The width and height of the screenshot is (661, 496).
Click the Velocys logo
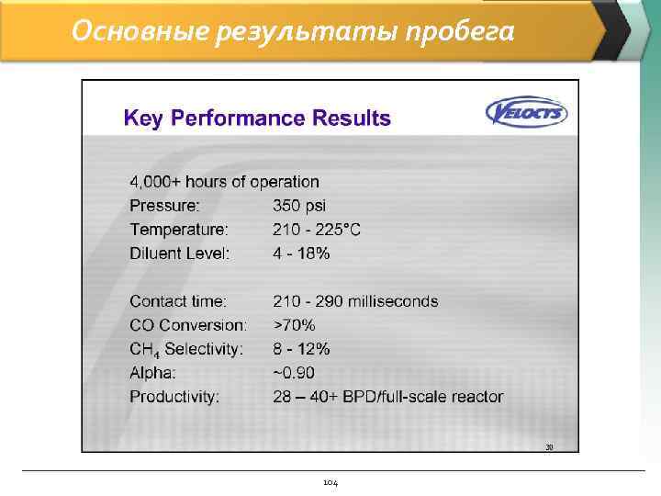pyautogui.click(x=526, y=113)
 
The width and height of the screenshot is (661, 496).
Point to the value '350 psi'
pyautogui.click(x=299, y=206)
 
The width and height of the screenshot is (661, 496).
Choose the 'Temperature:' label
pyautogui.click(x=178, y=230)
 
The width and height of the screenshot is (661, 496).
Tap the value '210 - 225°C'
pyautogui.click(x=317, y=230)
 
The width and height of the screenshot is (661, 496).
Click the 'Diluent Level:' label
pyautogui.click(x=179, y=254)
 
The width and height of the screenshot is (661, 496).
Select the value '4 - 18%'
pyautogui.click(x=301, y=254)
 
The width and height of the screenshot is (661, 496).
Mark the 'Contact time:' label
pyautogui.click(x=178, y=301)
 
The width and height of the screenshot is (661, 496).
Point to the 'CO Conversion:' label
pyautogui.click(x=188, y=325)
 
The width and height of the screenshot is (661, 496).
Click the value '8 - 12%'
pyautogui.click(x=301, y=349)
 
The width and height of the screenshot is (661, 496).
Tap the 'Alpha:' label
pyautogui.click(x=151, y=373)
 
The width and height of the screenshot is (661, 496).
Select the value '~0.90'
pyautogui.click(x=295, y=373)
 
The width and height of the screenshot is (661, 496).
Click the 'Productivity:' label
pyautogui.click(x=174, y=397)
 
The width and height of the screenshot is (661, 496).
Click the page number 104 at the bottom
pyautogui.click(x=330, y=481)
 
